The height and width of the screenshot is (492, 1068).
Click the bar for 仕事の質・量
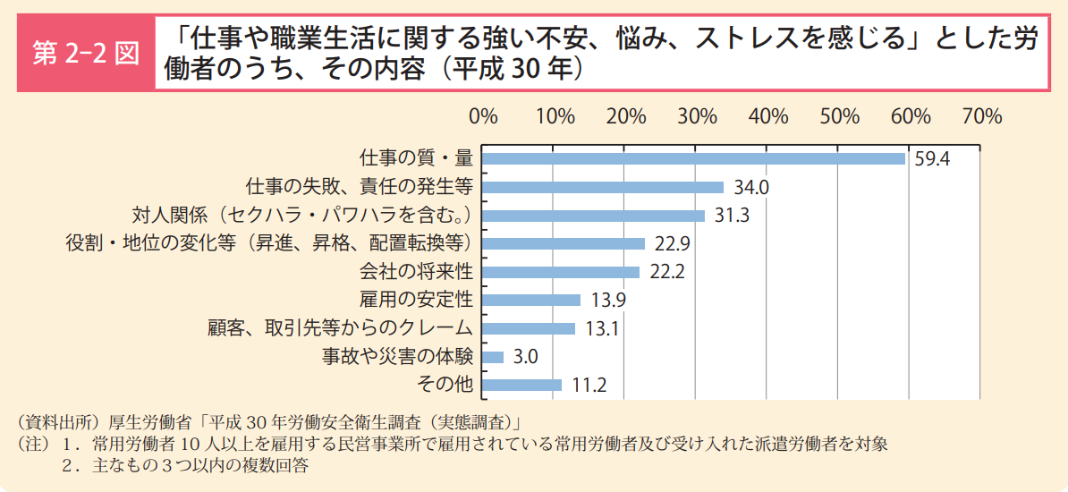click(693, 158)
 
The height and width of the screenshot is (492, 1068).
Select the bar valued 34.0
click(603, 187)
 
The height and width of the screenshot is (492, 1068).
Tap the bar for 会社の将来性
click(561, 272)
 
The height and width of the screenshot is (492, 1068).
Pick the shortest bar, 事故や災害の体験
click(493, 357)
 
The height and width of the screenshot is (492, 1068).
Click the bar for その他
click(521, 385)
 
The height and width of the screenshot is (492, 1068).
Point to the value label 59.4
click(932, 159)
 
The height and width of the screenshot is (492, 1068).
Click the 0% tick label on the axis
click(483, 116)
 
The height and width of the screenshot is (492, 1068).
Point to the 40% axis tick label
click(767, 116)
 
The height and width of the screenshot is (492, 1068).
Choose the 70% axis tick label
click(981, 116)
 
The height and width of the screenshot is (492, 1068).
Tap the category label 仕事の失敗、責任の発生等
click(359, 187)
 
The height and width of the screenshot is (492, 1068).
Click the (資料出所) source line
click(269, 421)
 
